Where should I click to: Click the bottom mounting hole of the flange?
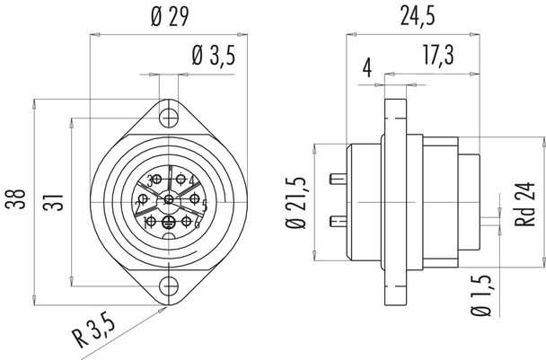168,286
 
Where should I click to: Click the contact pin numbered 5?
191,203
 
